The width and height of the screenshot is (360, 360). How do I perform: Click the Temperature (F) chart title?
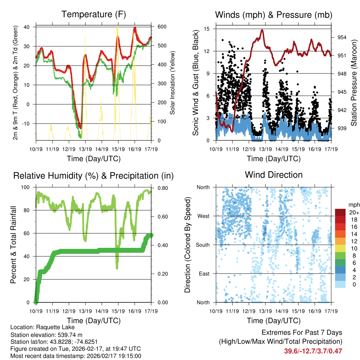(x=94, y=14)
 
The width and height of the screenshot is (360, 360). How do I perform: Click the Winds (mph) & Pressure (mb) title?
(x=274, y=15)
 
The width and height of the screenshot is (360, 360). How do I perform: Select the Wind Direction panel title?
(x=274, y=175)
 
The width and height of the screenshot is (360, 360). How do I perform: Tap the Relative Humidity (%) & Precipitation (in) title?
(x=94, y=175)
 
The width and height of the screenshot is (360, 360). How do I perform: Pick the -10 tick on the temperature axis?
(x=27, y=123)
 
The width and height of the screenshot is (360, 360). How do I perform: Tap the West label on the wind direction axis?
(x=203, y=216)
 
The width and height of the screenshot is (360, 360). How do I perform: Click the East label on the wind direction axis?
(x=204, y=274)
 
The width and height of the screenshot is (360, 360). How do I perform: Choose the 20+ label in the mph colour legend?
(x=354, y=212)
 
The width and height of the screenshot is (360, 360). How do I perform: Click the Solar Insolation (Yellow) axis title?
(x=173, y=83)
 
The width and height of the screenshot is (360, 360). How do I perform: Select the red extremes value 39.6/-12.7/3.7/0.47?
(x=313, y=351)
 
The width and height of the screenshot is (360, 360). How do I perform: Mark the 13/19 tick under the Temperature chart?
(x=85, y=149)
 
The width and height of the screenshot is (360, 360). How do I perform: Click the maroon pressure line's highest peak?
(x=262, y=30)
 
